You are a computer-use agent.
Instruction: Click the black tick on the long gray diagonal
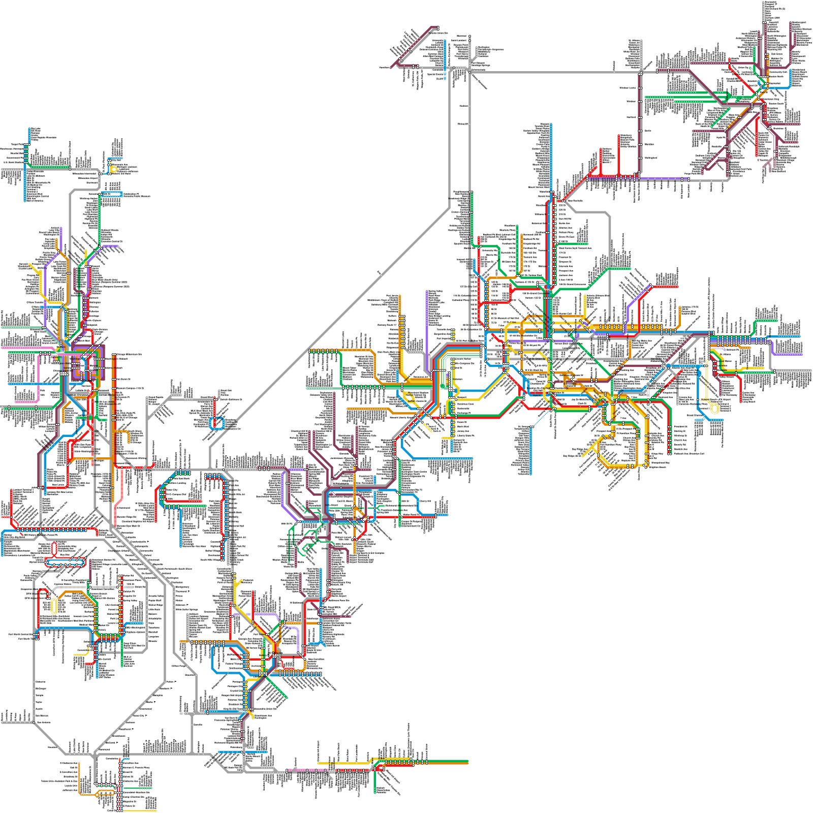[379, 273]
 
